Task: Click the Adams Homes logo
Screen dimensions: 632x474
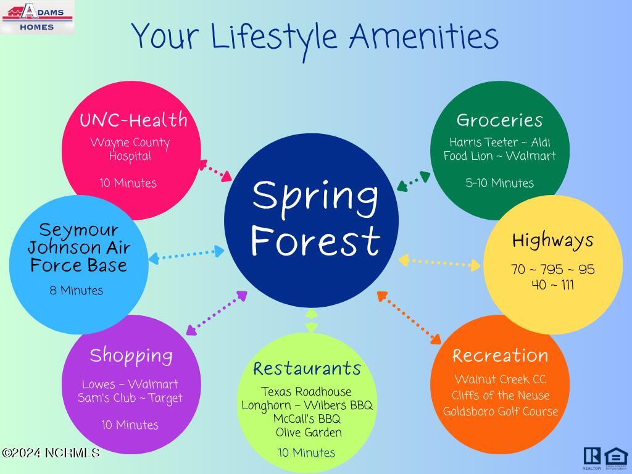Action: [37, 17]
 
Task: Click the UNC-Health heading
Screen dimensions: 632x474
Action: [133, 120]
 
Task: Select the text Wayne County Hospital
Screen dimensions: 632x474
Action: [130, 149]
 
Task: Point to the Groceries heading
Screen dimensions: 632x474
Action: [499, 120]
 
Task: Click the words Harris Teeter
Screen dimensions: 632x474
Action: [483, 143]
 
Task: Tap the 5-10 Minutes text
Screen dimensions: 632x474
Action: [499, 183]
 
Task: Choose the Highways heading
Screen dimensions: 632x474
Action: [552, 241]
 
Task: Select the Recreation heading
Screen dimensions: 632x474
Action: [500, 355]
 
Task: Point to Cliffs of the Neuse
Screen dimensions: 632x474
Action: [500, 395]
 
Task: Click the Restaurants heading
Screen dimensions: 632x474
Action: [307, 368]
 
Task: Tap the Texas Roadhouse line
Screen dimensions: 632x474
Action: [306, 391]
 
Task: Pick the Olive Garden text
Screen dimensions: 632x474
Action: [309, 433]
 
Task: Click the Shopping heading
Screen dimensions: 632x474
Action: [131, 356]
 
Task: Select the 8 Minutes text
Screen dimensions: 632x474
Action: [76, 290]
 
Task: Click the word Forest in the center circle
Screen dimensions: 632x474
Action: [315, 241]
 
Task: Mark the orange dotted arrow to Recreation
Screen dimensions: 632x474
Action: [409, 318]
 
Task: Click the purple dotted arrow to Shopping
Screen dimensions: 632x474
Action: [217, 313]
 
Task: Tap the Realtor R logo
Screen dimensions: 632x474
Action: [592, 456]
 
